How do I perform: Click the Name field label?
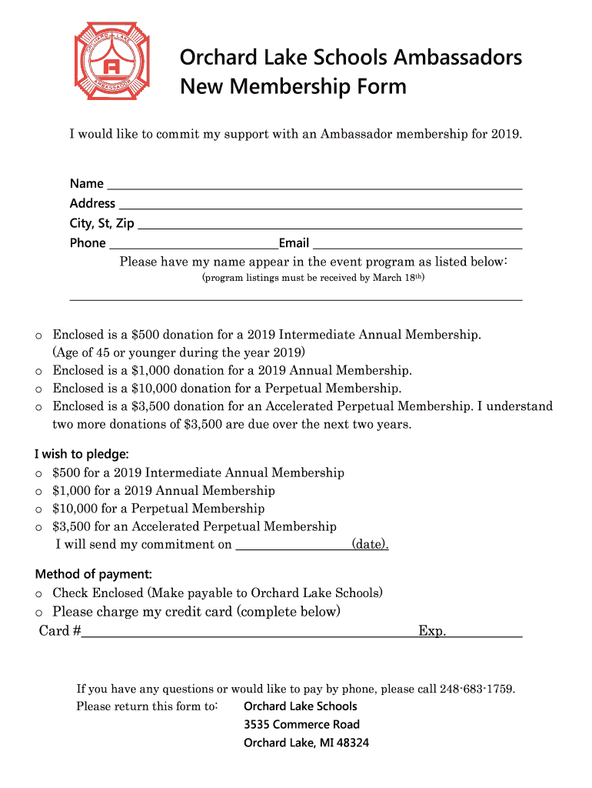coord(86,184)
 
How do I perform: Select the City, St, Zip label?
coord(101,224)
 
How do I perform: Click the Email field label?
coord(294,244)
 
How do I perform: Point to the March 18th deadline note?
coord(313,278)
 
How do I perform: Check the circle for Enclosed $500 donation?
coord(38,336)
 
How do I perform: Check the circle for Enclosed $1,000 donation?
coord(38,372)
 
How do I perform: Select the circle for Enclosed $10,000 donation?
coord(38,389)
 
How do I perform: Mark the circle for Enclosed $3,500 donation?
coord(38,407)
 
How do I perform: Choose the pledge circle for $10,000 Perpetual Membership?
coord(38,509)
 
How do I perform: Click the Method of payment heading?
coord(94,574)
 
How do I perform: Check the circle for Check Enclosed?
coord(38,594)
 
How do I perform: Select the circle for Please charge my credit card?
coord(38,613)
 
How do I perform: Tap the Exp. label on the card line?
coord(432,632)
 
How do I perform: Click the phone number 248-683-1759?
coord(477,689)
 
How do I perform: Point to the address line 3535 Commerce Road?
coord(301,725)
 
